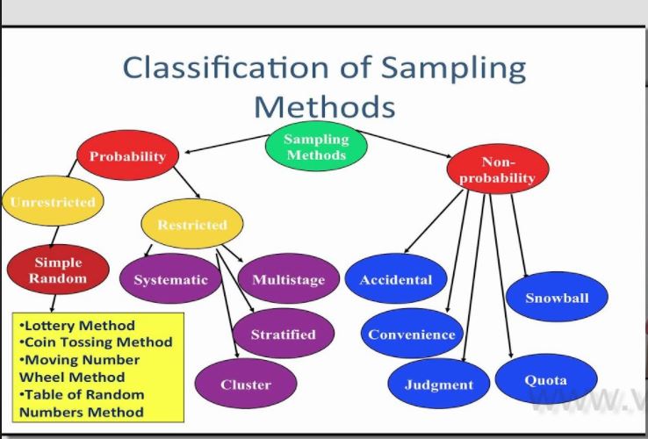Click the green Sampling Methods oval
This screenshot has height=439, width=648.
pos(316,147)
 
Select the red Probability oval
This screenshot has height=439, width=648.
pos(127,157)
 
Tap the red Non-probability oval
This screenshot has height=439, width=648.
pos(497,170)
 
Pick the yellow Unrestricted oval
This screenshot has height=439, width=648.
pos(52,202)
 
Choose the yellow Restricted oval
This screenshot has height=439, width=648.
pos(191,225)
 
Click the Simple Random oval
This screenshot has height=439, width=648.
pos(58,270)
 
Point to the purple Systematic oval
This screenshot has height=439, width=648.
pos(170,280)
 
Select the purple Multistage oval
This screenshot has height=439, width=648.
pos(288,280)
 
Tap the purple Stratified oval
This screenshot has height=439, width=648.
pos(283,334)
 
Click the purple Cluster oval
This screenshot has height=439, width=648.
pos(246,385)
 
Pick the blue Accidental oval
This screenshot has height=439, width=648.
pos(396,280)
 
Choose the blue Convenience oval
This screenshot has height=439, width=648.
pos(412,335)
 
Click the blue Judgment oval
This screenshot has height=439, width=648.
pos(439,385)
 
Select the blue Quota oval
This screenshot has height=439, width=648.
pos(545,381)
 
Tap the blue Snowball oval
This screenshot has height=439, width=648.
pos(557,298)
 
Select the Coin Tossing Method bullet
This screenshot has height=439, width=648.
pos(96,342)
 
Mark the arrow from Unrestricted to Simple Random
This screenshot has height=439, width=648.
pos(54,233)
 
